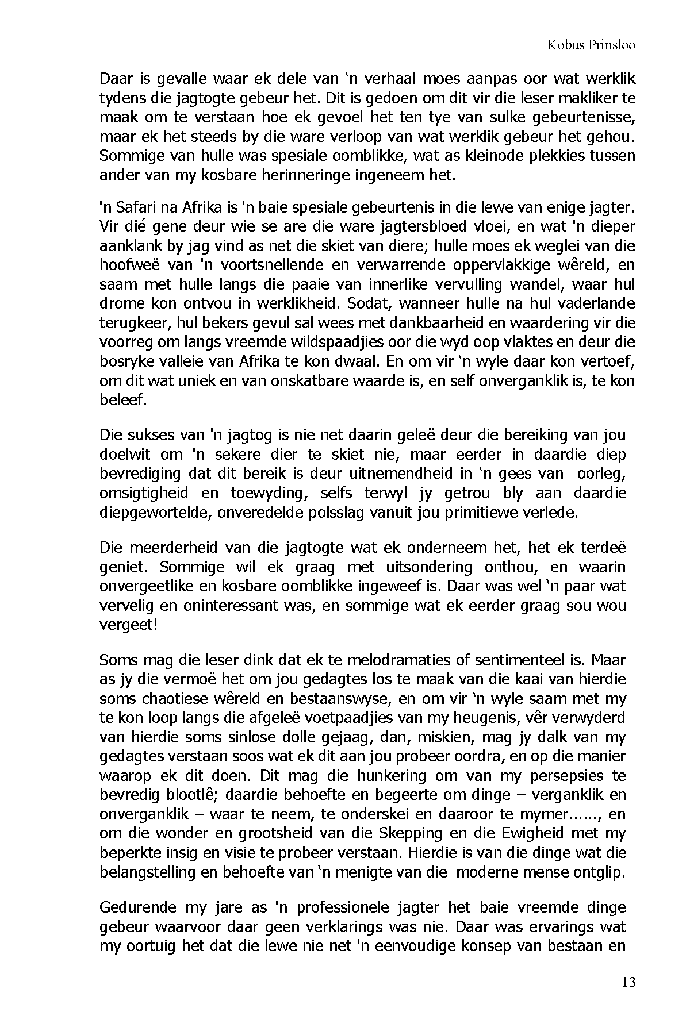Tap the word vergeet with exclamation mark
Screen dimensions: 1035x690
pos(128,625)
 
